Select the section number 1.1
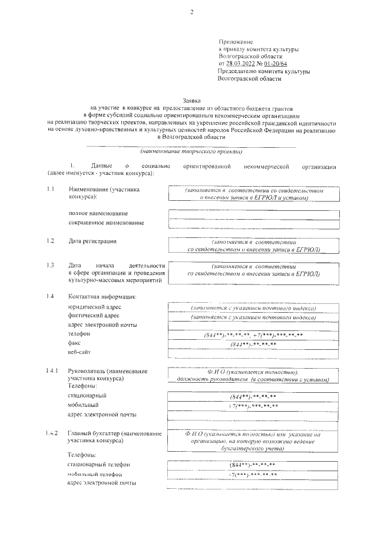(51, 190)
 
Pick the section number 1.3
(51, 266)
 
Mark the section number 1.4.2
(52, 433)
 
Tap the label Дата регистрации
(92, 241)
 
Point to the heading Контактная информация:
(102, 296)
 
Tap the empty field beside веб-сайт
(253, 353)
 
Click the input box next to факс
(253, 344)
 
